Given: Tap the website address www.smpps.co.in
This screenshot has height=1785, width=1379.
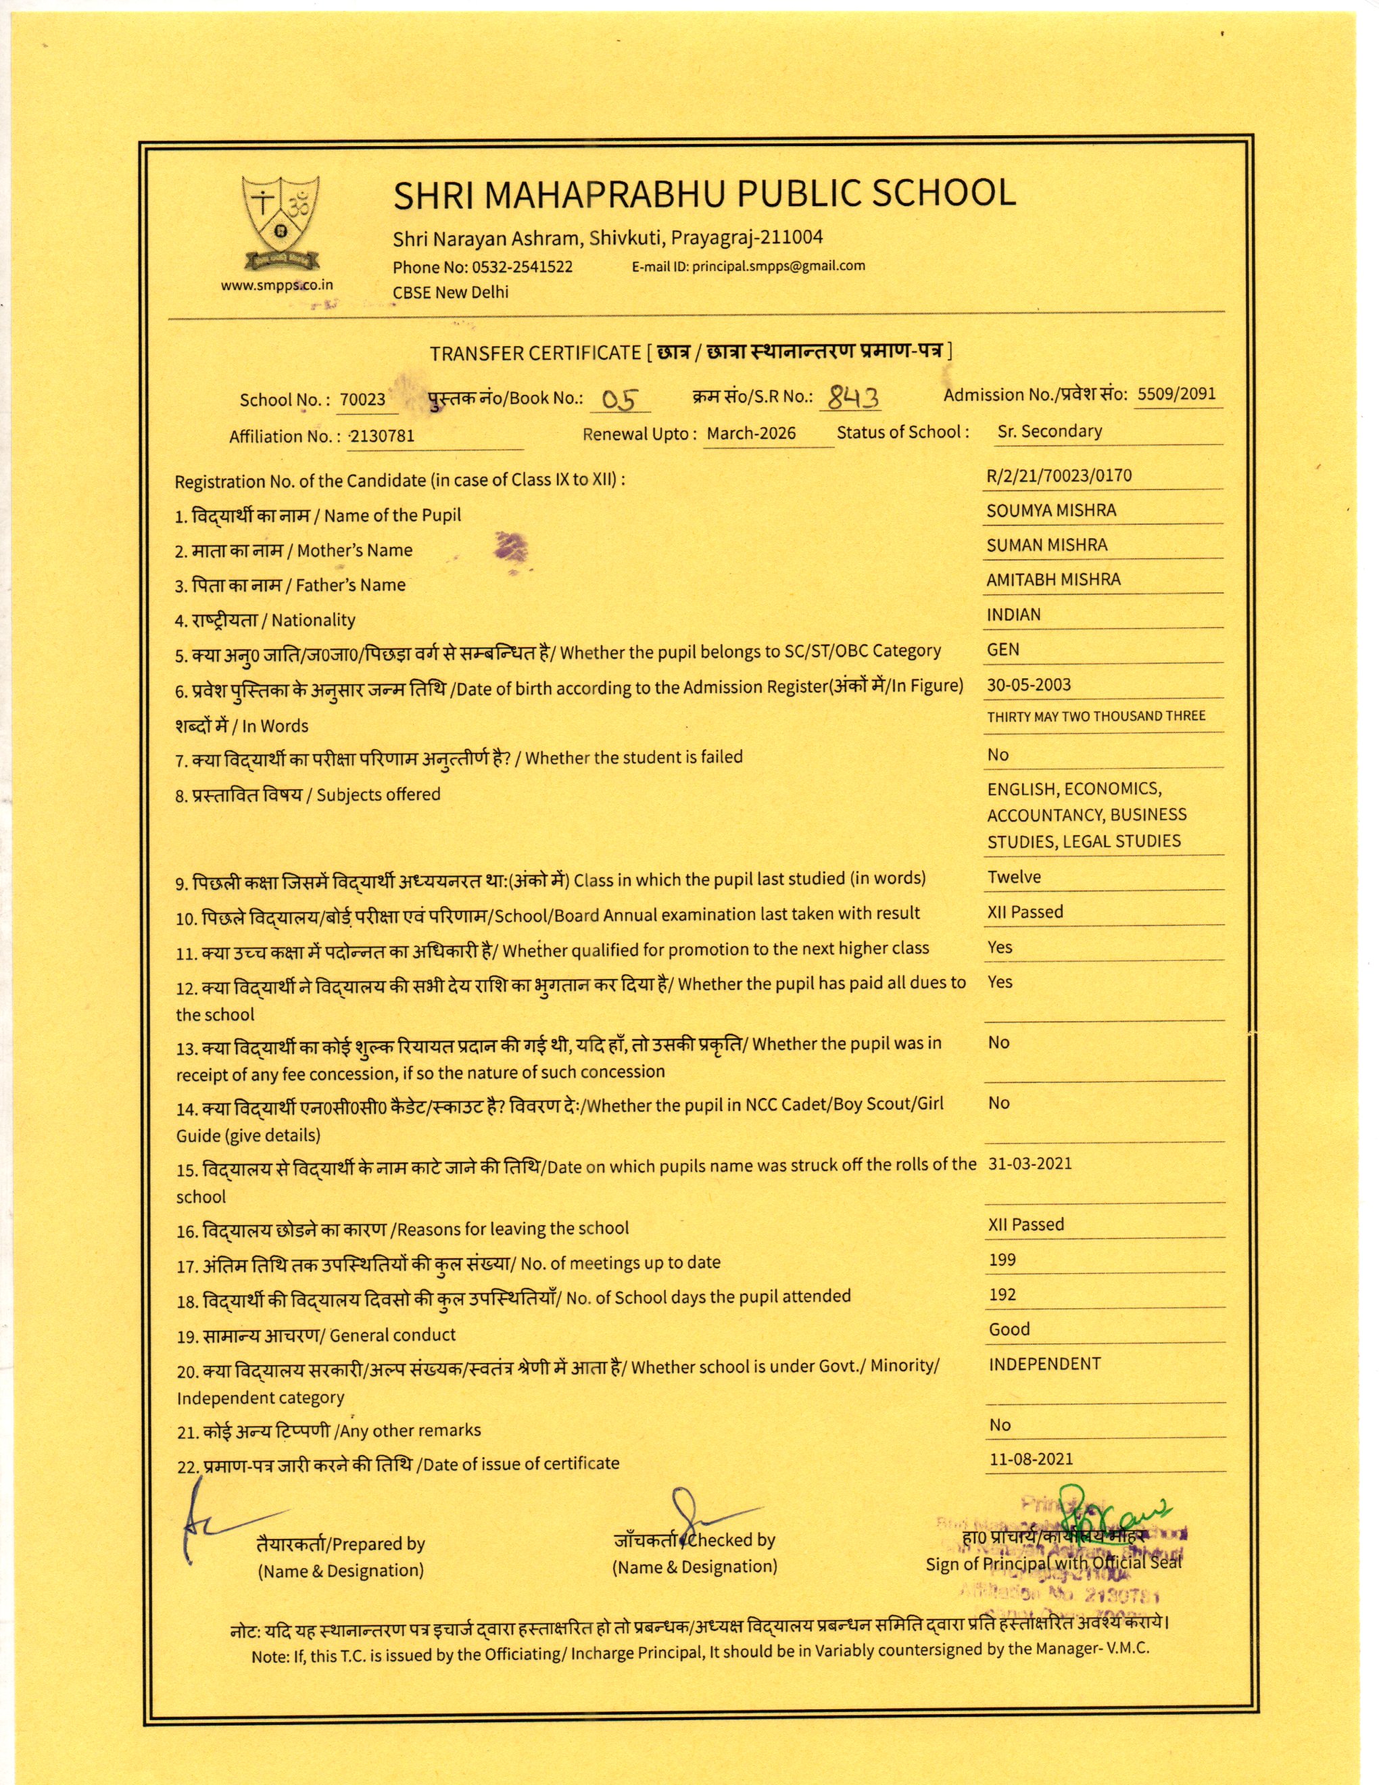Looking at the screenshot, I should tap(277, 285).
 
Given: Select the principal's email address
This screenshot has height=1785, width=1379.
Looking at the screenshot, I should tap(779, 266).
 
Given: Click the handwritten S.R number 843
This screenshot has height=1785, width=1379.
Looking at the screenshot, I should tap(853, 397).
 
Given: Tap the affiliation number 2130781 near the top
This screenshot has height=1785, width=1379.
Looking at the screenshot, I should tap(381, 435).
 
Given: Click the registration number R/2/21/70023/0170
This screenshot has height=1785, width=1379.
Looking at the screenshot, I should tap(1059, 476).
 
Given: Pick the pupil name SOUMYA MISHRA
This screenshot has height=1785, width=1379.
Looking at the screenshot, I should tap(1050, 510).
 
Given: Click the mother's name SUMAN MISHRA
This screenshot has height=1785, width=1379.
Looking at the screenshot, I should tap(1046, 545).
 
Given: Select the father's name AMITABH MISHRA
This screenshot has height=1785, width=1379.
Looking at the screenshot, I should tap(1053, 579).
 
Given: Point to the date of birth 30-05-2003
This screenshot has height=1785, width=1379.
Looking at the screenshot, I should tap(1029, 685).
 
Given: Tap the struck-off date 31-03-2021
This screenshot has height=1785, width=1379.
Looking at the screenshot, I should tap(1030, 1163).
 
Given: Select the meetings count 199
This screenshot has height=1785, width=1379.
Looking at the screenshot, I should tap(1002, 1260).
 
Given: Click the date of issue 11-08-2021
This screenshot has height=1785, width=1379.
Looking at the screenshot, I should tap(1030, 1459).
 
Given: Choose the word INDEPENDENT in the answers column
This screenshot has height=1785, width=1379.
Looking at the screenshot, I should tap(1044, 1363).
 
